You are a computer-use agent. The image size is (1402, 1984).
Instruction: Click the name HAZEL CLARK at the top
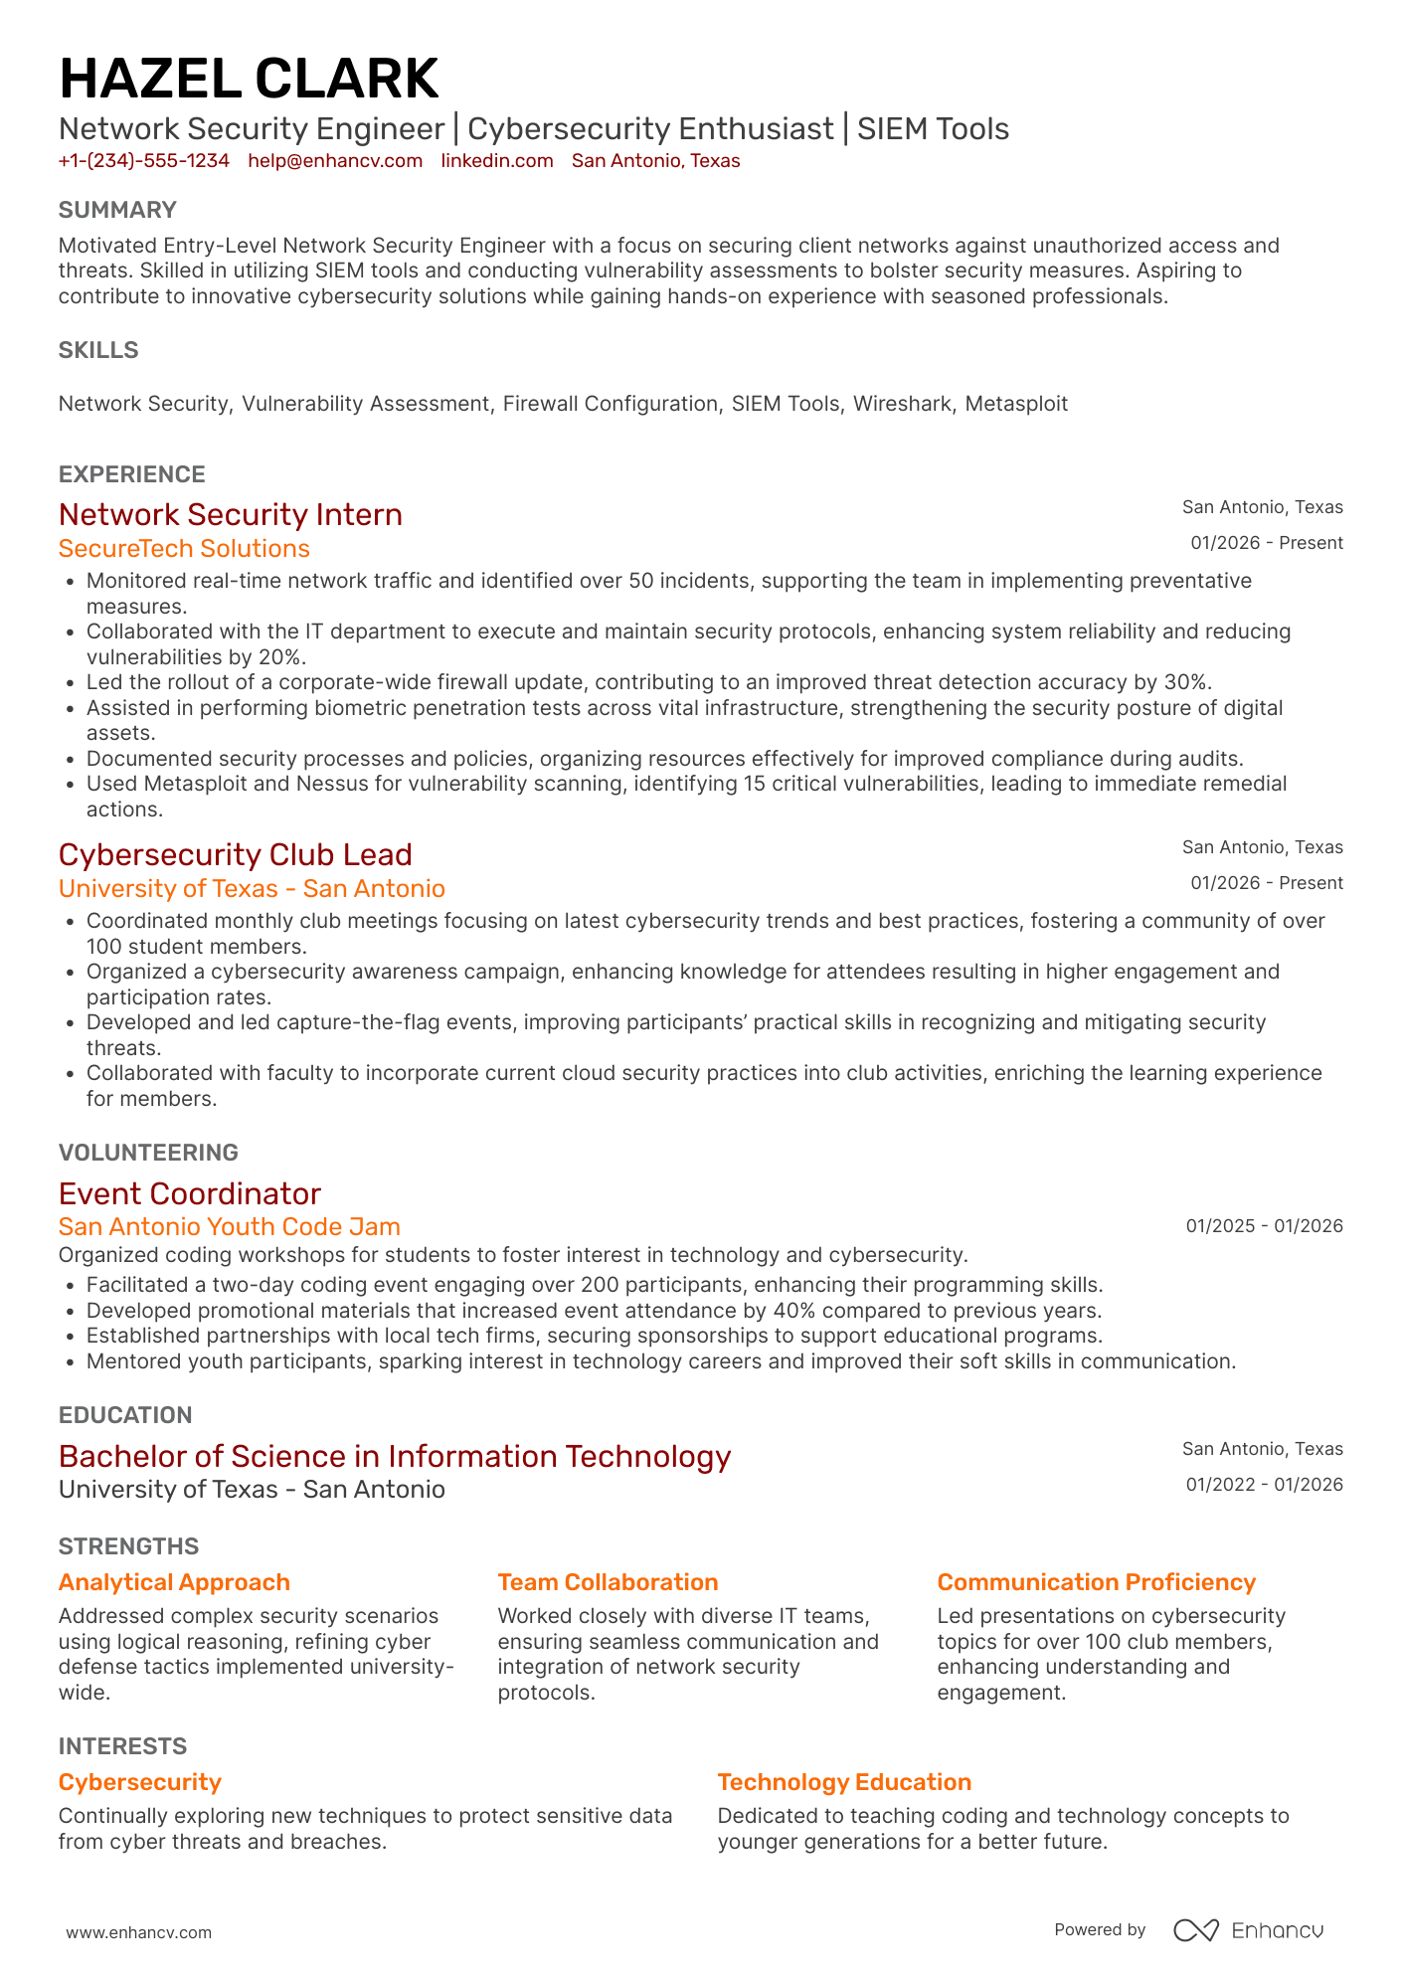pyautogui.click(x=249, y=79)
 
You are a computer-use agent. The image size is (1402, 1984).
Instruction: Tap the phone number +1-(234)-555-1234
pyautogui.click(x=144, y=161)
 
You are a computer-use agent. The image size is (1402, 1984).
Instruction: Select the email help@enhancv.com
pyautogui.click(x=335, y=161)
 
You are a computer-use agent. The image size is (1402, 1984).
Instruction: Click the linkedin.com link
pyautogui.click(x=497, y=161)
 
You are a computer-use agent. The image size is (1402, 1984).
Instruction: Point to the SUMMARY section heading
pyautogui.click(x=117, y=210)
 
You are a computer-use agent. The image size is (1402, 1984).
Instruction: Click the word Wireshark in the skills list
pyautogui.click(x=902, y=404)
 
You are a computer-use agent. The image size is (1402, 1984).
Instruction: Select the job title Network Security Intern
pyautogui.click(x=231, y=514)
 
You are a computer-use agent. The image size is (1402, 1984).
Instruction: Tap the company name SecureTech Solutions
pyautogui.click(x=184, y=549)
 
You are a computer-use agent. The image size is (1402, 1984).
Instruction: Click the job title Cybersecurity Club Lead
pyautogui.click(x=235, y=854)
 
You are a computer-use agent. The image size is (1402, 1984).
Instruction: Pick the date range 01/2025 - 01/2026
pyautogui.click(x=1264, y=1226)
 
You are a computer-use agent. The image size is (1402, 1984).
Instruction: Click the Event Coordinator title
pyautogui.click(x=190, y=1193)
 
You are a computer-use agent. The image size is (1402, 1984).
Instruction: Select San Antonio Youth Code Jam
pyautogui.click(x=230, y=1227)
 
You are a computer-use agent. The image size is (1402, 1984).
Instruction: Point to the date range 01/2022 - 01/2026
pyautogui.click(x=1264, y=1485)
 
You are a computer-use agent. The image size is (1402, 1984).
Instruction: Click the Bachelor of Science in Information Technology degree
pyautogui.click(x=395, y=1456)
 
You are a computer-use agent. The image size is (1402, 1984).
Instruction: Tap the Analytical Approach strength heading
pyautogui.click(x=174, y=1582)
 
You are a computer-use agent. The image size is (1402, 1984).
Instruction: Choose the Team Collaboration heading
pyautogui.click(x=608, y=1582)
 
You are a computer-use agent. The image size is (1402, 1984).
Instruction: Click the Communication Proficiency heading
pyautogui.click(x=1096, y=1582)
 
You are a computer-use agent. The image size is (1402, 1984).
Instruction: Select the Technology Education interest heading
pyautogui.click(x=844, y=1782)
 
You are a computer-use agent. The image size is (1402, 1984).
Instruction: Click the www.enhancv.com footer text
pyautogui.click(x=139, y=1932)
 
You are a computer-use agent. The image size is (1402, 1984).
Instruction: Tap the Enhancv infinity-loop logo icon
pyautogui.click(x=1195, y=1930)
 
